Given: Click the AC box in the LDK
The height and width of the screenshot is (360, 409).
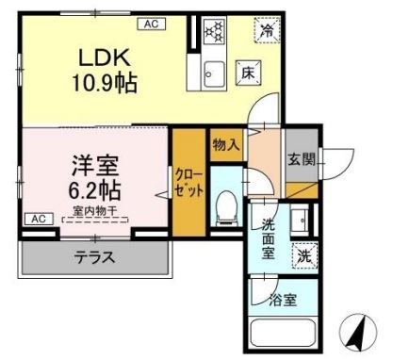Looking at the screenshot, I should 150,22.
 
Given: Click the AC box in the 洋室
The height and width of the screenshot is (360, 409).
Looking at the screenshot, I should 39,218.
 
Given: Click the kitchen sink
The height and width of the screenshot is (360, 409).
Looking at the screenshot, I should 213,72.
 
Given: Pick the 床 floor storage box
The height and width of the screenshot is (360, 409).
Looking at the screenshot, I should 241,72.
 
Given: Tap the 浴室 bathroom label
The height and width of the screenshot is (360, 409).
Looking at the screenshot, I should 282,303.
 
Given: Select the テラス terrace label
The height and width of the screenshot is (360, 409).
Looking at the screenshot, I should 95,257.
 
